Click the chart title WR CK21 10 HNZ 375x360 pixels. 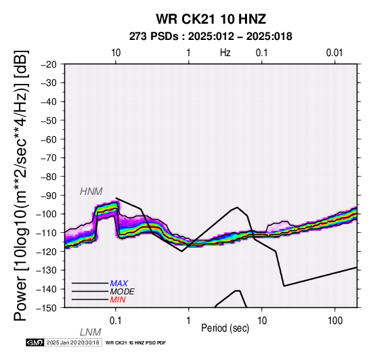tap(211, 19)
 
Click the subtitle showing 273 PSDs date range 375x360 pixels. tap(211, 37)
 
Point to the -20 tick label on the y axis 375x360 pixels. tap(49, 64)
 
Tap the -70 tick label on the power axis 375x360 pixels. tap(49, 158)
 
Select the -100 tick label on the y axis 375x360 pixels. tap(47, 214)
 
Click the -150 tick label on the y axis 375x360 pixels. tap(47, 308)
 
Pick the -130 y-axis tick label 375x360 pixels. tap(47, 270)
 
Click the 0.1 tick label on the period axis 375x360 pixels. tap(116, 321)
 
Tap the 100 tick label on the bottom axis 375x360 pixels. tap(335, 321)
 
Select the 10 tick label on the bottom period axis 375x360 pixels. tap(262, 321)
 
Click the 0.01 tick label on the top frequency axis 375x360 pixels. tap(334, 53)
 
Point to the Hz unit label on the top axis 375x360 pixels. tap(225, 53)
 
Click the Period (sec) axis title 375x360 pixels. tap(225, 328)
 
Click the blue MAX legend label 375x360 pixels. tap(119, 284)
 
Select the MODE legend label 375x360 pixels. tap(123, 292)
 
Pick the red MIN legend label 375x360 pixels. tap(118, 300)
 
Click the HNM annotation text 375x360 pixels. tap(91, 192)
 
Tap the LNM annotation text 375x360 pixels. tap(91, 332)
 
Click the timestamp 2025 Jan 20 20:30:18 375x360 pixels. tap(72, 342)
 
